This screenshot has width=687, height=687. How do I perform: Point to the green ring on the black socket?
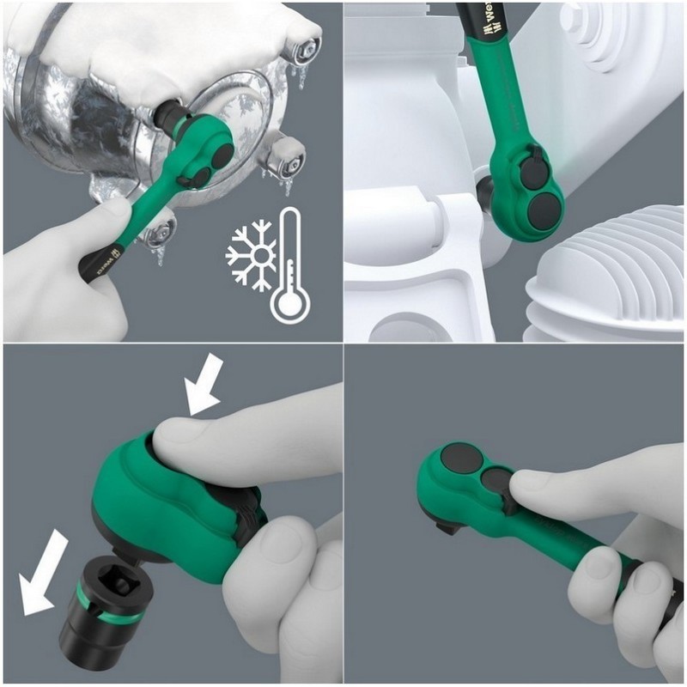pyautogui.click(x=94, y=585)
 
